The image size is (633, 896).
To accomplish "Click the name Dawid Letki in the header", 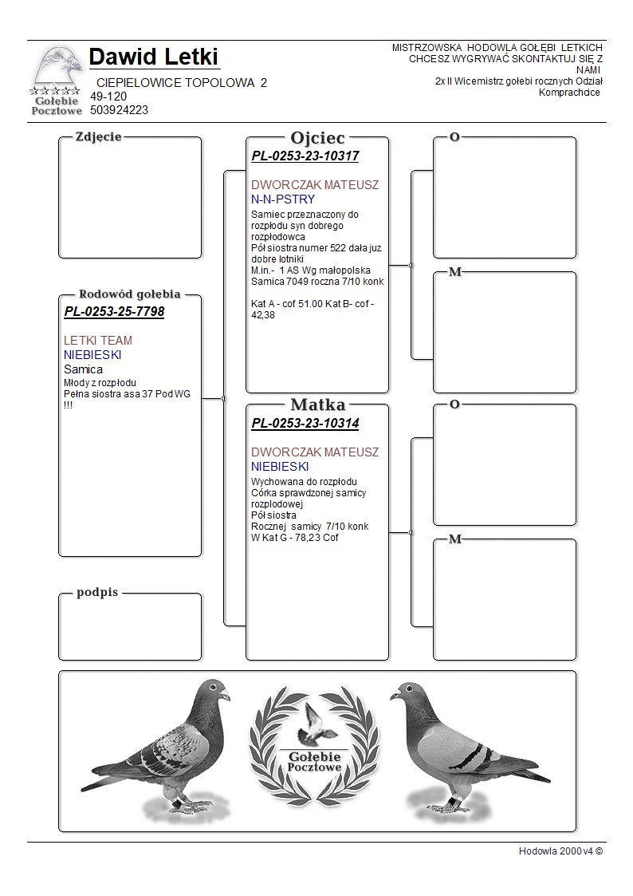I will click(154, 57).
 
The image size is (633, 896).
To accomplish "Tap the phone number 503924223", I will click(119, 110).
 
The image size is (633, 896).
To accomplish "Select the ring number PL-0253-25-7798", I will click(114, 311).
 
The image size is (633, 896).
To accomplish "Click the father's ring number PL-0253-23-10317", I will click(305, 156).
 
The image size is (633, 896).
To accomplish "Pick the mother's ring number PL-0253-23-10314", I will click(305, 424).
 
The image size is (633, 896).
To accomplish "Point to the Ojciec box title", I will click(317, 137).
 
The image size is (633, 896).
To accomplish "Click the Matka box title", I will click(317, 405).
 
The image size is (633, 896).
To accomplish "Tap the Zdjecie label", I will click(98, 136).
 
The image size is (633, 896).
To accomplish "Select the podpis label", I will click(97, 592).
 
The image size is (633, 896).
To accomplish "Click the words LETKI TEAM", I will click(98, 341).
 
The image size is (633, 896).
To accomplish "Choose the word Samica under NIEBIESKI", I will click(83, 369).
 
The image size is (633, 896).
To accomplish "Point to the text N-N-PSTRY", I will click(283, 199).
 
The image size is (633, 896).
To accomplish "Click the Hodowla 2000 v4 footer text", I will click(560, 851).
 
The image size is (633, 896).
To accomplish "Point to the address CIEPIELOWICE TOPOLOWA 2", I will click(181, 83).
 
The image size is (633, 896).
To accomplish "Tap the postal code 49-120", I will click(108, 97).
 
